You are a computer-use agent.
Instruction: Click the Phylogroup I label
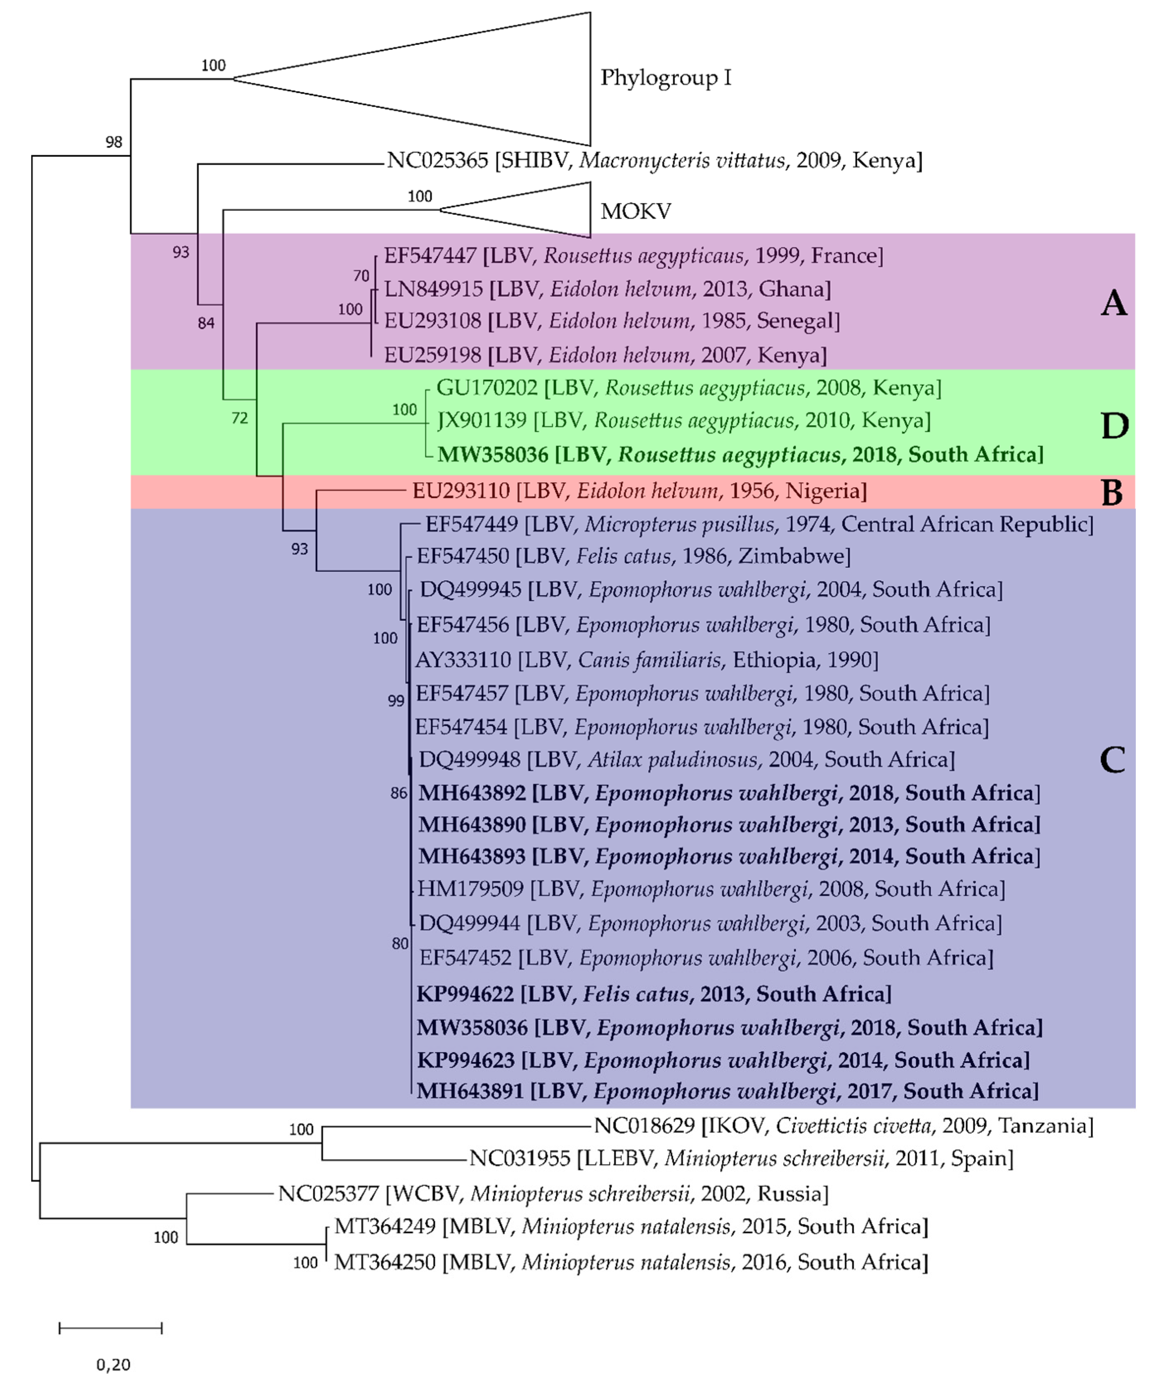pos(665,78)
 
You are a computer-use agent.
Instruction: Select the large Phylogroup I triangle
pos(462,78)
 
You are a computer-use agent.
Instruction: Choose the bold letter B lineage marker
pos(1113,492)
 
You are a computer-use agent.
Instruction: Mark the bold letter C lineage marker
pos(1113,760)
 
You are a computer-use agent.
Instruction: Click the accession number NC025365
pos(437,160)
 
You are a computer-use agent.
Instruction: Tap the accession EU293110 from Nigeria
pos(461,491)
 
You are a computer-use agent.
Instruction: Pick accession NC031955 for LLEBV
pos(519,1158)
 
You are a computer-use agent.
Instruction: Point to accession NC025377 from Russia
pos(328,1193)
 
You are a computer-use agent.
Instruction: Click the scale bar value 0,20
pos(114,1364)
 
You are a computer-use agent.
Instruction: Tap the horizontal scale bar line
pos(110,1328)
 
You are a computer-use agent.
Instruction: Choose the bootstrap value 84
pos(206,323)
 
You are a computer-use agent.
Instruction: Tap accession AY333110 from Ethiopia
pos(463,659)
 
